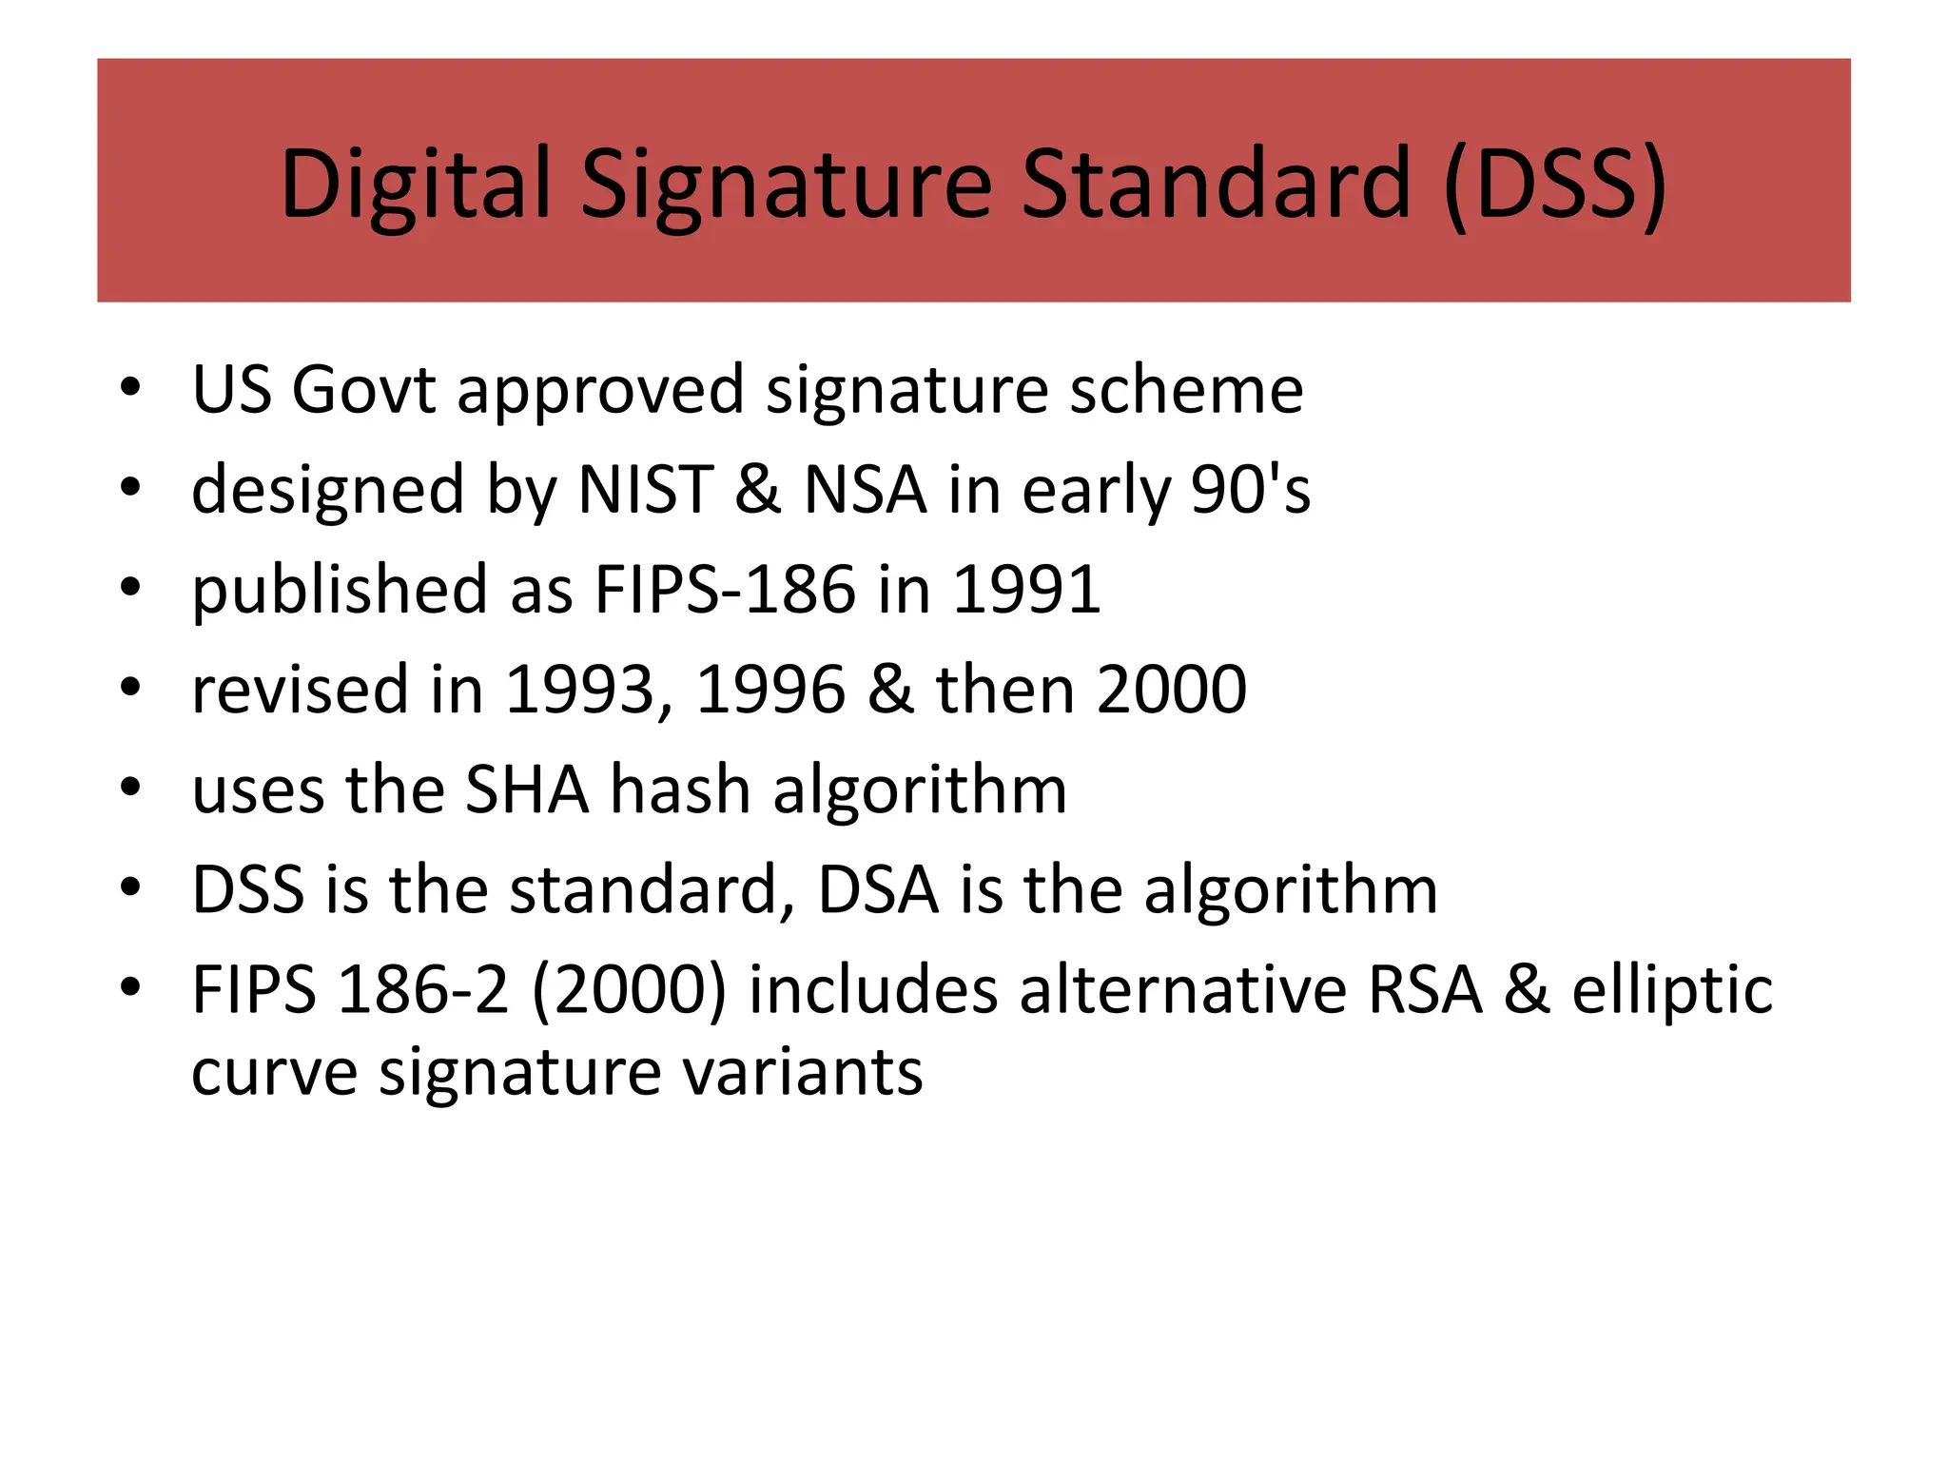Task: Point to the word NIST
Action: [x=645, y=490]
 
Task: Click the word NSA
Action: [x=865, y=490]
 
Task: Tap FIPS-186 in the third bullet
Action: [x=725, y=590]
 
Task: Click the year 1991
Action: [x=1026, y=590]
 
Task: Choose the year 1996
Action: [x=770, y=690]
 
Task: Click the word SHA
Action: [x=526, y=789]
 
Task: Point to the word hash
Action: [x=680, y=789]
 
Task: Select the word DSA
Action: [x=878, y=889]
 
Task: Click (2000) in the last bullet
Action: [x=629, y=989]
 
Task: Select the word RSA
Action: [x=1425, y=989]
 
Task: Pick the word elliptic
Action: [x=1672, y=989]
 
